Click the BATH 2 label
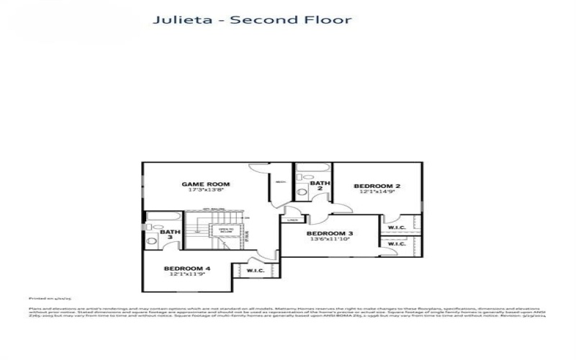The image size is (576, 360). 320,186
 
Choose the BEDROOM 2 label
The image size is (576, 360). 377,186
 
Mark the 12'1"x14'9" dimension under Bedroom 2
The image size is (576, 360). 377,192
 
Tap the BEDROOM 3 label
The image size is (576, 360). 330,233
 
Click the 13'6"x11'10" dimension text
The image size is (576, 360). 330,240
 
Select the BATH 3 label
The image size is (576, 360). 170,235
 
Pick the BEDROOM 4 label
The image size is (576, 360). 187,268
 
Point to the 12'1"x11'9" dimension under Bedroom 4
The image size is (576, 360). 187,274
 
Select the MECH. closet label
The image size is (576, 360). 282,181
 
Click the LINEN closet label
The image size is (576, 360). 292,220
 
